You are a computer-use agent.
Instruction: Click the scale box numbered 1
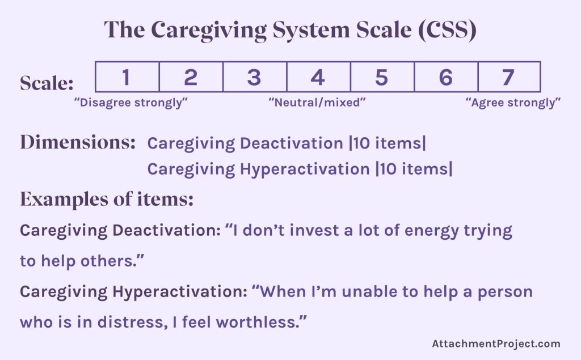(x=127, y=77)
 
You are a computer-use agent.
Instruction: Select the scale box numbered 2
(x=191, y=77)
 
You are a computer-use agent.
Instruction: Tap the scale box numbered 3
(x=254, y=77)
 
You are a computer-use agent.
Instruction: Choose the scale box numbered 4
(x=318, y=77)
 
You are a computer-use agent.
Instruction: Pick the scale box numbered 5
(x=382, y=77)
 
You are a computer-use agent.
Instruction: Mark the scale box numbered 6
(x=446, y=77)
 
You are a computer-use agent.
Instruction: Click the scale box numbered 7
(x=509, y=77)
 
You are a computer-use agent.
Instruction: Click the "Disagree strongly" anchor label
(x=131, y=103)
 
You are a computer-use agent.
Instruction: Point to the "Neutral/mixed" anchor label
(x=317, y=103)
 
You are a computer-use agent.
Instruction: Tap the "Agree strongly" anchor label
(x=513, y=103)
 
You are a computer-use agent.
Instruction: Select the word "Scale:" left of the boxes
(x=47, y=83)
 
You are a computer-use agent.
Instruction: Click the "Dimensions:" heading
(x=78, y=142)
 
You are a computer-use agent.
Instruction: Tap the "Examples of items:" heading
(x=107, y=199)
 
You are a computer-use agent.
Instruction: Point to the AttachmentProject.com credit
(x=496, y=344)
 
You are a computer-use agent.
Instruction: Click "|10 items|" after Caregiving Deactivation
(x=387, y=143)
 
